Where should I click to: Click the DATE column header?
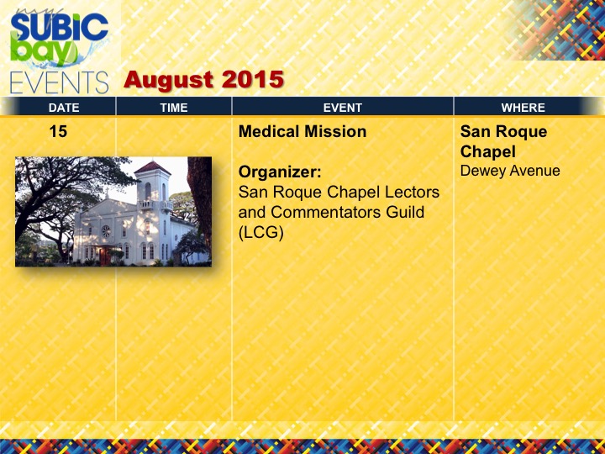(64, 108)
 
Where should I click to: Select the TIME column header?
(174, 108)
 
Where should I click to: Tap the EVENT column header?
(343, 108)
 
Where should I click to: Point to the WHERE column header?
(523, 108)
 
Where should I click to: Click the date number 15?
(58, 132)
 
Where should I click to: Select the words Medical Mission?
(302, 132)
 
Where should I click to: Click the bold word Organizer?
(280, 172)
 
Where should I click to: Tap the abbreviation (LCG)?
(260, 232)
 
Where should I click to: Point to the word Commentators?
(348, 212)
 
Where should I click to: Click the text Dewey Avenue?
(510, 171)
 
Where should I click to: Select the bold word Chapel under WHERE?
(487, 152)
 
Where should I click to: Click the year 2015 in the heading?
(253, 79)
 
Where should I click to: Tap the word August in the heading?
(170, 80)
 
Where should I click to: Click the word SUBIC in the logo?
(60, 27)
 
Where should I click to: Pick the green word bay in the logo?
(43, 49)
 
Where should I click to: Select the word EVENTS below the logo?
(59, 82)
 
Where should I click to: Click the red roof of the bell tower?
(151, 168)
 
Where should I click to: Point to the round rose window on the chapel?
(106, 231)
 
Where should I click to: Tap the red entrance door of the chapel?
(104, 256)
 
